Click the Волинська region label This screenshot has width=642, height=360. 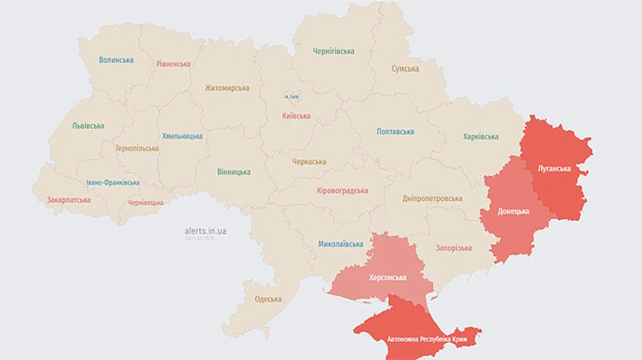tap(116, 60)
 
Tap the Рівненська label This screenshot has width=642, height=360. tap(173, 64)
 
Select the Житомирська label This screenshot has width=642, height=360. tap(227, 88)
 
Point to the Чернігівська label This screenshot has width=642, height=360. tap(333, 51)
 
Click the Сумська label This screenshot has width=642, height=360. tap(405, 69)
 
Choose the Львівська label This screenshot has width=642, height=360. tap(88, 125)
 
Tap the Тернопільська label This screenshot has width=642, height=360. tap(136, 148)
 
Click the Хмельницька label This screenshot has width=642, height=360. tap(182, 136)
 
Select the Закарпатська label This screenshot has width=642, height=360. tap(68, 200)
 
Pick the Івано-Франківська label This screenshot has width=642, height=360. tap(113, 182)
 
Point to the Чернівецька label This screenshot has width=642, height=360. tap(146, 203)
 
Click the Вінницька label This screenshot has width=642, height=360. tap(234, 172)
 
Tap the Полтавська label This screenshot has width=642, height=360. tap(395, 132)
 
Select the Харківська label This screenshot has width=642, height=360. tap(481, 137)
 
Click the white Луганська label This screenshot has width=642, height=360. tap(554, 169)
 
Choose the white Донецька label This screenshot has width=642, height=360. tap(514, 212)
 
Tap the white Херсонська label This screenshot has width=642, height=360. tap(387, 277)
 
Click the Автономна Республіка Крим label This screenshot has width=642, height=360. tap(427, 339)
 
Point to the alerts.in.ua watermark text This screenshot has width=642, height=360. tap(205, 231)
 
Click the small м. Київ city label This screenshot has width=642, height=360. tap(292, 96)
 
